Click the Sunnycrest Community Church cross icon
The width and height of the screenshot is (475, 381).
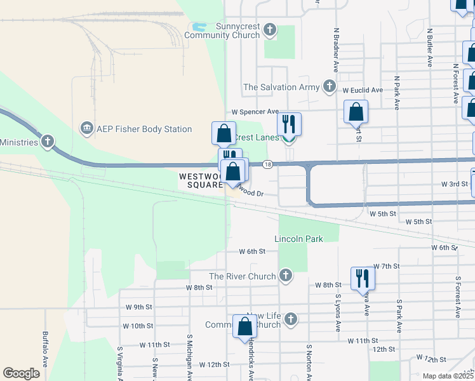[x=270, y=29]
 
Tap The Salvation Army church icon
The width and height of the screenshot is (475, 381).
[x=329, y=86]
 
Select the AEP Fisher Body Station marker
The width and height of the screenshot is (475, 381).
[x=86, y=129]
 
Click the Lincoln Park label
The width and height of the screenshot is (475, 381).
[x=298, y=239]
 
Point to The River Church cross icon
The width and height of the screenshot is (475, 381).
[x=286, y=276]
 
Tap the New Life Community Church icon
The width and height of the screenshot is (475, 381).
[x=291, y=319]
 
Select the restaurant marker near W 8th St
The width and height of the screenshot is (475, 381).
[x=362, y=278]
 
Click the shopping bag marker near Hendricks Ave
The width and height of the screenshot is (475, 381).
[x=244, y=327]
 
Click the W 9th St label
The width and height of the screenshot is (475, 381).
[x=138, y=307]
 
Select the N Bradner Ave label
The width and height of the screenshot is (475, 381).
[x=335, y=49]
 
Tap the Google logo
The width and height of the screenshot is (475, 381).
[x=21, y=373]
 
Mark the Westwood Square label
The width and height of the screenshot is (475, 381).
[x=201, y=180]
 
